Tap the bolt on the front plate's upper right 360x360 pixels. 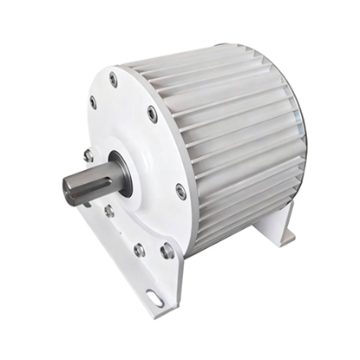153,113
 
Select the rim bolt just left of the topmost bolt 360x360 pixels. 94,101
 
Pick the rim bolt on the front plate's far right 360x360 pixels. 180,190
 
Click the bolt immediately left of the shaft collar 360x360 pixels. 88,156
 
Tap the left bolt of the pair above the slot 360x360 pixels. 140,250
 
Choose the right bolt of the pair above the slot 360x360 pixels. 167,252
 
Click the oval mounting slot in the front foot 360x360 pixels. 155,298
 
